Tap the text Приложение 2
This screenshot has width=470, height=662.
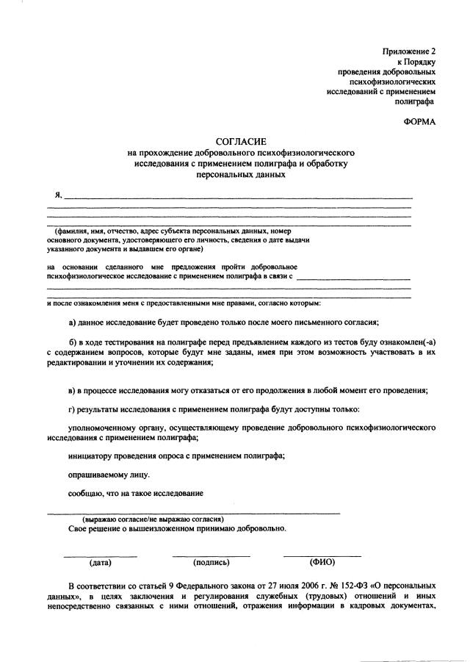click(x=408, y=51)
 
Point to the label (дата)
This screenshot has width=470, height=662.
click(x=100, y=563)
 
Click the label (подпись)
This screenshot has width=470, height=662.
click(x=211, y=563)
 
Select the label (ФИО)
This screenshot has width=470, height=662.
click(x=322, y=562)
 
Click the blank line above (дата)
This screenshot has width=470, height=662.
click(x=100, y=555)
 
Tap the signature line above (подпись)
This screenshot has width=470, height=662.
click(x=211, y=555)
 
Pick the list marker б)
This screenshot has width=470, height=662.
click(x=73, y=342)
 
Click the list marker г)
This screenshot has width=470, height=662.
click(x=72, y=408)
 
